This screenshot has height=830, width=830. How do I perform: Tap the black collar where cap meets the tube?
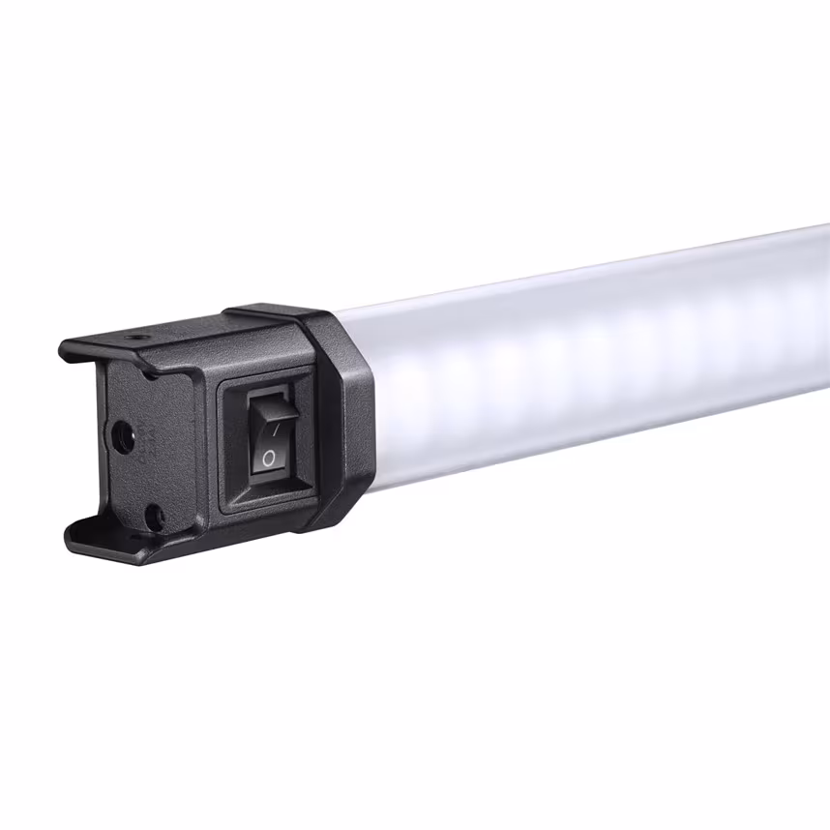(x=343, y=416)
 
